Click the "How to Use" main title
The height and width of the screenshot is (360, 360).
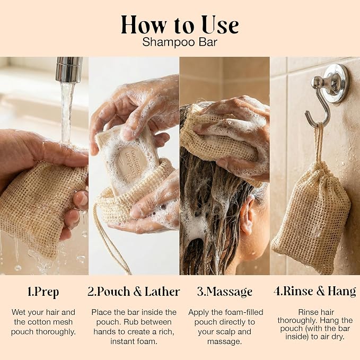(x=180, y=25)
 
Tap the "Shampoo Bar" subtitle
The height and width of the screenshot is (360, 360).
(x=180, y=42)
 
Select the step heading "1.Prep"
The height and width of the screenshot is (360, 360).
(x=43, y=292)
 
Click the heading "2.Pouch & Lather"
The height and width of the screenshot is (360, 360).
(x=134, y=292)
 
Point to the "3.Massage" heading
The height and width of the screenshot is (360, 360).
(x=225, y=292)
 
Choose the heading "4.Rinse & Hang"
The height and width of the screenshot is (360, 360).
(x=315, y=291)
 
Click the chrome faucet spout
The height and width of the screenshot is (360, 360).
(x=69, y=69)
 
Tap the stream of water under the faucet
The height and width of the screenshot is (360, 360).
(x=67, y=112)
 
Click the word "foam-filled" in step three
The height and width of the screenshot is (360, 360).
(x=244, y=312)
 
